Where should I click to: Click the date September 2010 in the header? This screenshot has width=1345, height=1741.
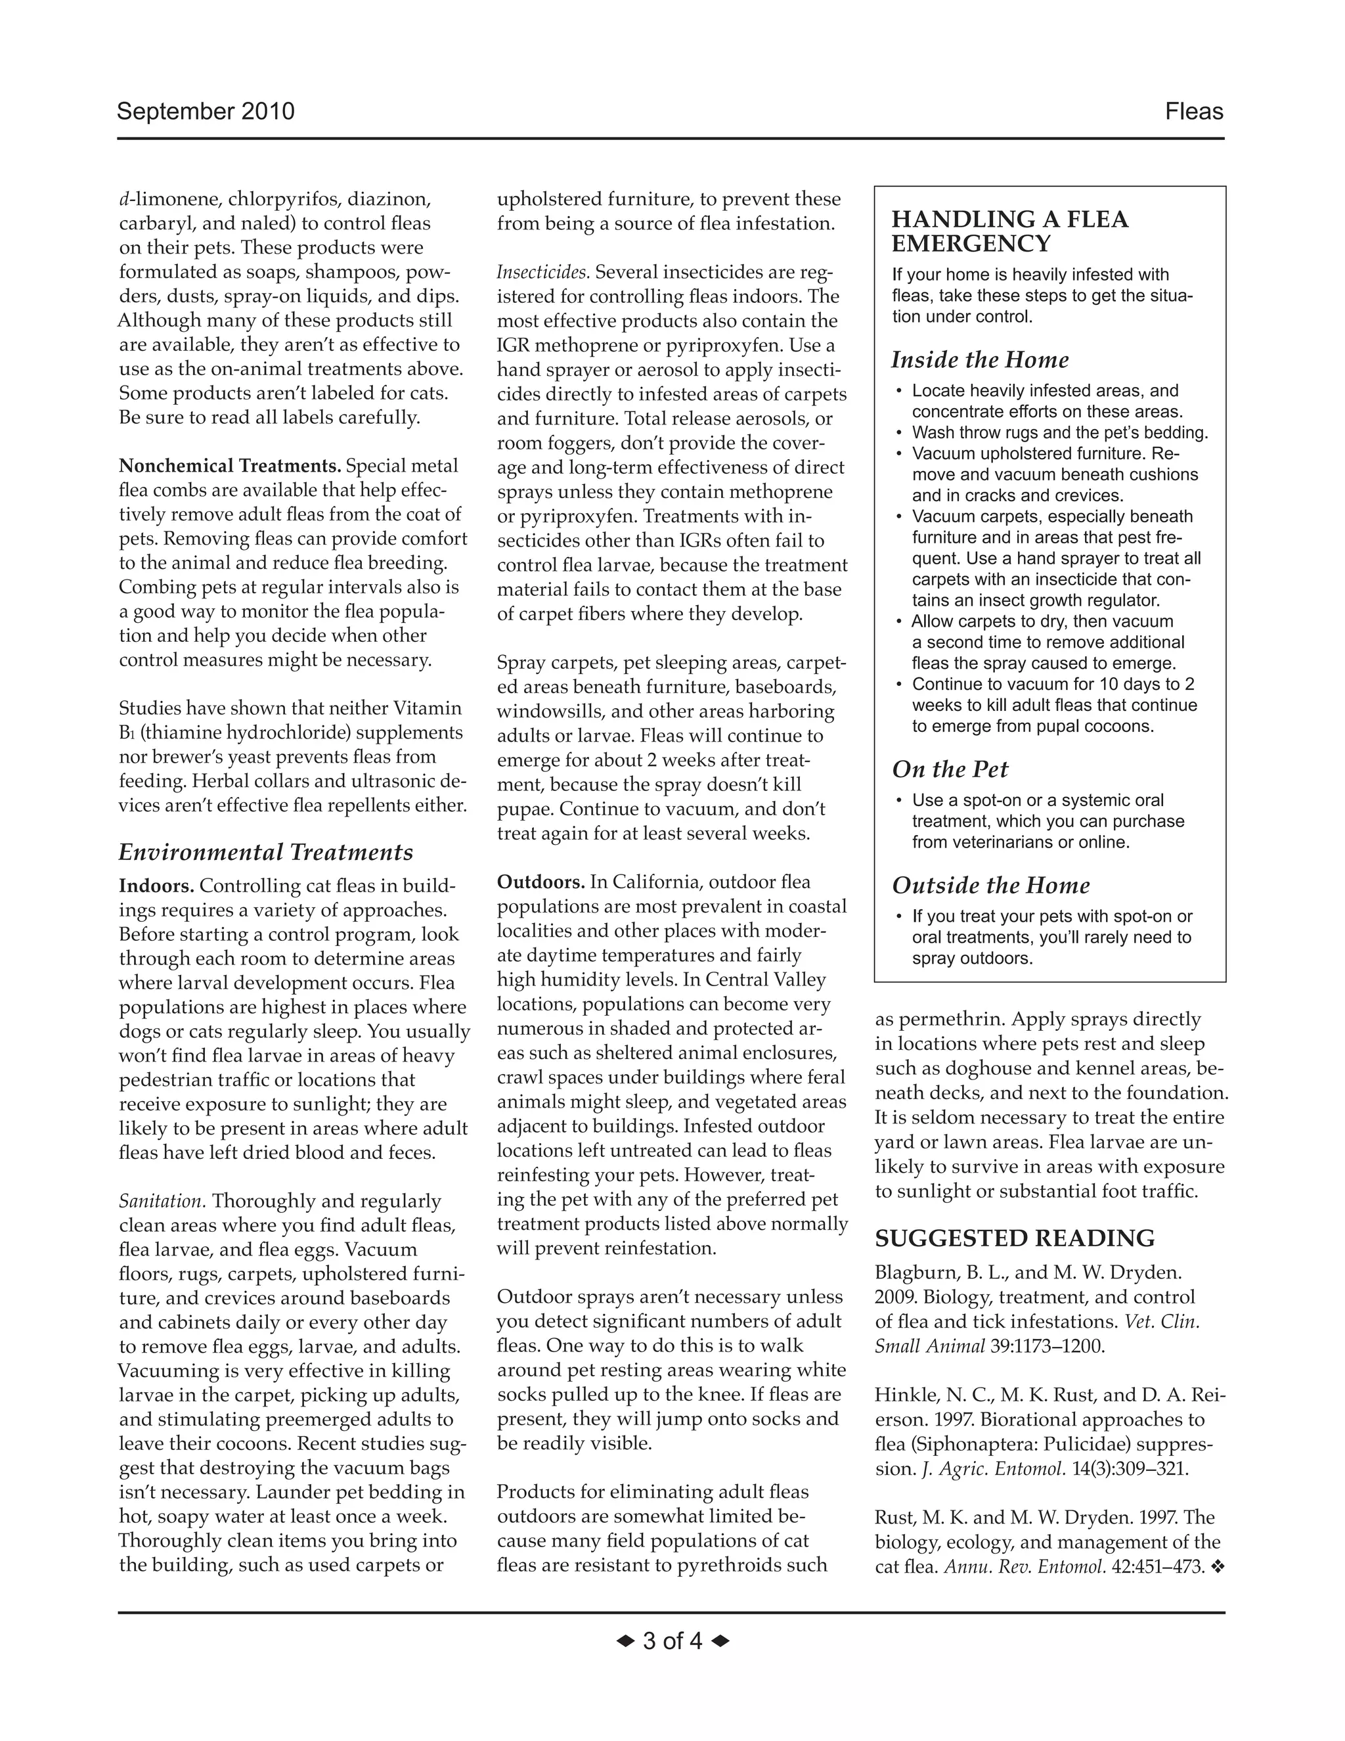206,112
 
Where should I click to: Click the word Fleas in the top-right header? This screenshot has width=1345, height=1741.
1193,112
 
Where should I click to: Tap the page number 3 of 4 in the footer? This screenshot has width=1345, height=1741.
672,1641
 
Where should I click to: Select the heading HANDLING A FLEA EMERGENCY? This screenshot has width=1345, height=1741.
1009,231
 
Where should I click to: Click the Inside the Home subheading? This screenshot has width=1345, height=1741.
979,360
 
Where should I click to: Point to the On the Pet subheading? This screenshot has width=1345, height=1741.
950,769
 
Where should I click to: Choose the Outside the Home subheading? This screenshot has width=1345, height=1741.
990,886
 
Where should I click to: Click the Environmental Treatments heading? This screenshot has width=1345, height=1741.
265,853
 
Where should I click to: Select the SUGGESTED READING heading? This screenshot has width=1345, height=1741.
1014,1238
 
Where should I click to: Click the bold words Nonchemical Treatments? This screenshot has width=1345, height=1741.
229,466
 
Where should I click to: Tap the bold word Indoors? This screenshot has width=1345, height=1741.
156,886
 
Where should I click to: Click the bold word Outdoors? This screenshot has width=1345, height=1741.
541,882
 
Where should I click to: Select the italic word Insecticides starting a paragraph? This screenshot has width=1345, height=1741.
542,273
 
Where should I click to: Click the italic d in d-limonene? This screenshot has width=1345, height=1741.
124,198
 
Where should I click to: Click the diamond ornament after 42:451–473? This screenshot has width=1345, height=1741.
1217,1567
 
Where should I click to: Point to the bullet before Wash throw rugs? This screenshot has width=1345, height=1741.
900,433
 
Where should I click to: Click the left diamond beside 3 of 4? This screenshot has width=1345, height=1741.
625,1641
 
